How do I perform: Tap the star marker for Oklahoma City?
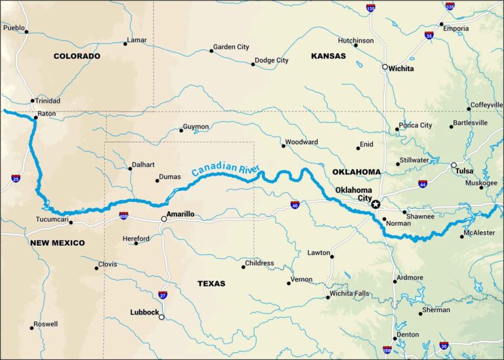pyautogui.click(x=375, y=205)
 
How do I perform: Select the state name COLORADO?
pyautogui.click(x=77, y=56)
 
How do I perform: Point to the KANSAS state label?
pyautogui.click(x=328, y=56)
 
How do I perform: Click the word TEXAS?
pyautogui.click(x=211, y=284)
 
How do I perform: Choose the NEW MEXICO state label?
pyautogui.click(x=57, y=243)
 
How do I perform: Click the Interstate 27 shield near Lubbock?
pyautogui.click(x=163, y=295)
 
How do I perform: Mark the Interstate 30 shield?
pyautogui.click(x=444, y=345)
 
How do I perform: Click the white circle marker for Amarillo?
pyautogui.click(x=164, y=219)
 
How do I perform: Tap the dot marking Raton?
pyautogui.click(x=35, y=118)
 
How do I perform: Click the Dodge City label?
pyautogui.click(x=272, y=60)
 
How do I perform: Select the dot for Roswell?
pyautogui.click(x=31, y=327)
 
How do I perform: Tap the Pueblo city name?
pyautogui.click(x=14, y=28)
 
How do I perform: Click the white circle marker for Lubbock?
pyautogui.click(x=161, y=317)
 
